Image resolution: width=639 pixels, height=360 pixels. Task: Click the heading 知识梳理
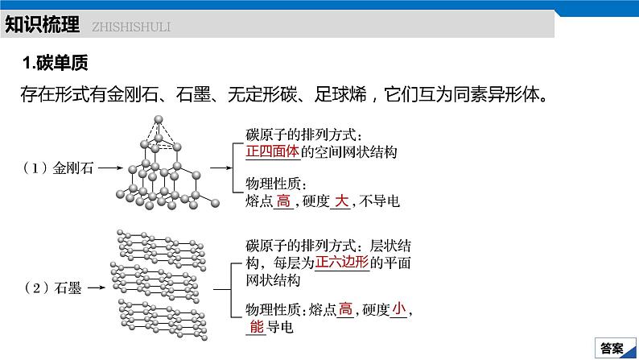point(42,25)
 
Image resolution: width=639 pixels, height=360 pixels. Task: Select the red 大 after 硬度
point(340,202)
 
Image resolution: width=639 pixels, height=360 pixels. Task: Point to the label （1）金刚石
point(58,169)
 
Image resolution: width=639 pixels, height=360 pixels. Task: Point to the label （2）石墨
point(53,288)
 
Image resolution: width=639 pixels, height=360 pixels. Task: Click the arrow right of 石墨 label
point(96,288)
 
